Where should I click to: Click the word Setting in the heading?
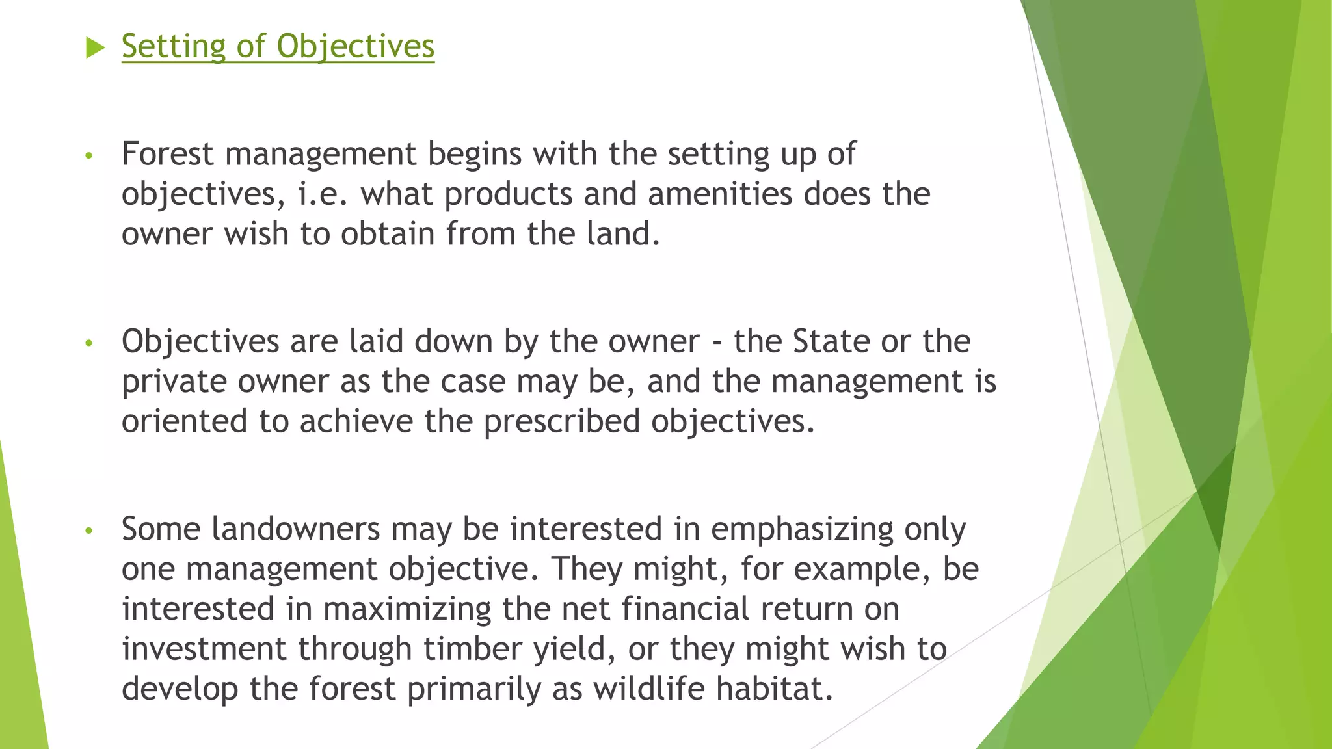(173, 46)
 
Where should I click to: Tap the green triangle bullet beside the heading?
(95, 47)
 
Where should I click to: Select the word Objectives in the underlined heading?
(355, 46)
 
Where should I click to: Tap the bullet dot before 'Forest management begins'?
(89, 156)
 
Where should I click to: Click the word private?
(174, 382)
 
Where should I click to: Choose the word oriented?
(184, 421)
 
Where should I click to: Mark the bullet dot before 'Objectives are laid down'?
(89, 343)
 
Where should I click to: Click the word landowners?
(296, 529)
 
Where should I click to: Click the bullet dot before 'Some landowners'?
(89, 531)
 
